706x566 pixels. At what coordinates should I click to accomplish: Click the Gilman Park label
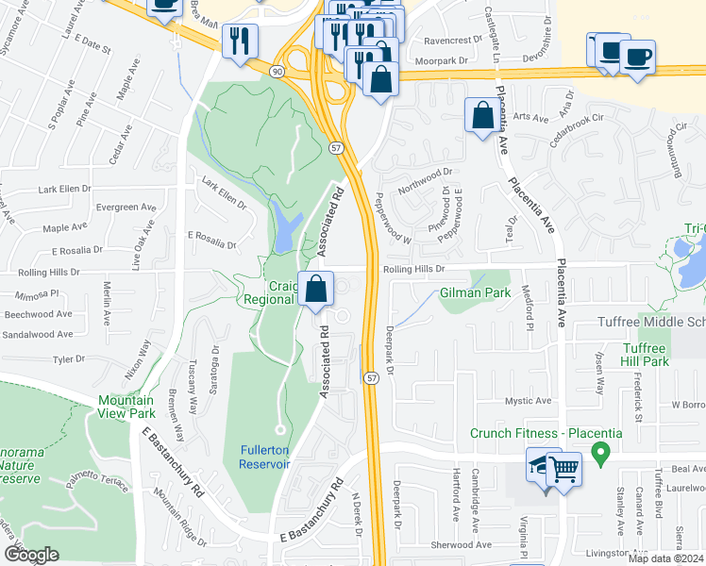(x=475, y=293)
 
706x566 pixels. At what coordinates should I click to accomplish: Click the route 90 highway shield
(x=275, y=72)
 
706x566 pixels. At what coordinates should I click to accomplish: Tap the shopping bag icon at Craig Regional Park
(x=316, y=288)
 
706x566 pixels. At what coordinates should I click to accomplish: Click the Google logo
(x=31, y=555)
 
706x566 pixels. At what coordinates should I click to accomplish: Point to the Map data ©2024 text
(x=664, y=558)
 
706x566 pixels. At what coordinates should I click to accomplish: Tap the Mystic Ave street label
(x=529, y=401)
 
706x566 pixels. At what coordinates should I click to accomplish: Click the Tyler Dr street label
(x=69, y=359)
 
